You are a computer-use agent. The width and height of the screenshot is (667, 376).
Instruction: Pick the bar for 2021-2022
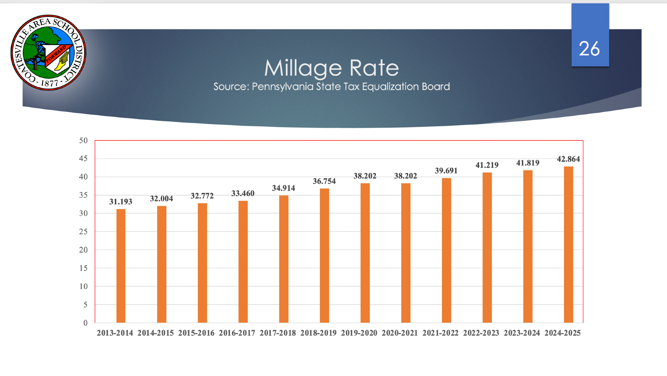coord(446,250)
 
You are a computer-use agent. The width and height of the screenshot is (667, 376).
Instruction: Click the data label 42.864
coord(568,159)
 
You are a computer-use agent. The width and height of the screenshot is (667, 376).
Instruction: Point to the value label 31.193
coord(121,202)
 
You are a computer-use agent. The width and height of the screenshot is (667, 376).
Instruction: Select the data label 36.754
coord(324,181)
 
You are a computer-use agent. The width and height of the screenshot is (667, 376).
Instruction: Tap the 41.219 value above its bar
coord(487,165)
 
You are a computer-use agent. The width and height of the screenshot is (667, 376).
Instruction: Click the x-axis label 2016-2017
coord(237,333)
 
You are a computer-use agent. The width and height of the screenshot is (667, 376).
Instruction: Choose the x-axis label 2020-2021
coord(400,333)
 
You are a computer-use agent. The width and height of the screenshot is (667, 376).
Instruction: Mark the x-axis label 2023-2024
coord(522,333)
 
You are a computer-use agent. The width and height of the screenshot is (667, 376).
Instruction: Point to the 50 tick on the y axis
coord(83,140)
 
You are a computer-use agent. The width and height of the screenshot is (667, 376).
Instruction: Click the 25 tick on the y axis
coord(83,232)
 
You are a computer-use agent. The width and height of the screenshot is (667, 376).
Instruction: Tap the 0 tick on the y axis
coord(85,323)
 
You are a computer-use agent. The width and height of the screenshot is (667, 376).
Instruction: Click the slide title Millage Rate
coord(331,68)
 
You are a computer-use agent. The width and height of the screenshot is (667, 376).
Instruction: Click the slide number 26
coord(589,49)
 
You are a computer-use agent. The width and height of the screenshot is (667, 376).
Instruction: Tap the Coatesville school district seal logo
coord(48,52)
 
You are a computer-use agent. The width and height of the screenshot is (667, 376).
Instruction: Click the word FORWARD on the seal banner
coord(56,54)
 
